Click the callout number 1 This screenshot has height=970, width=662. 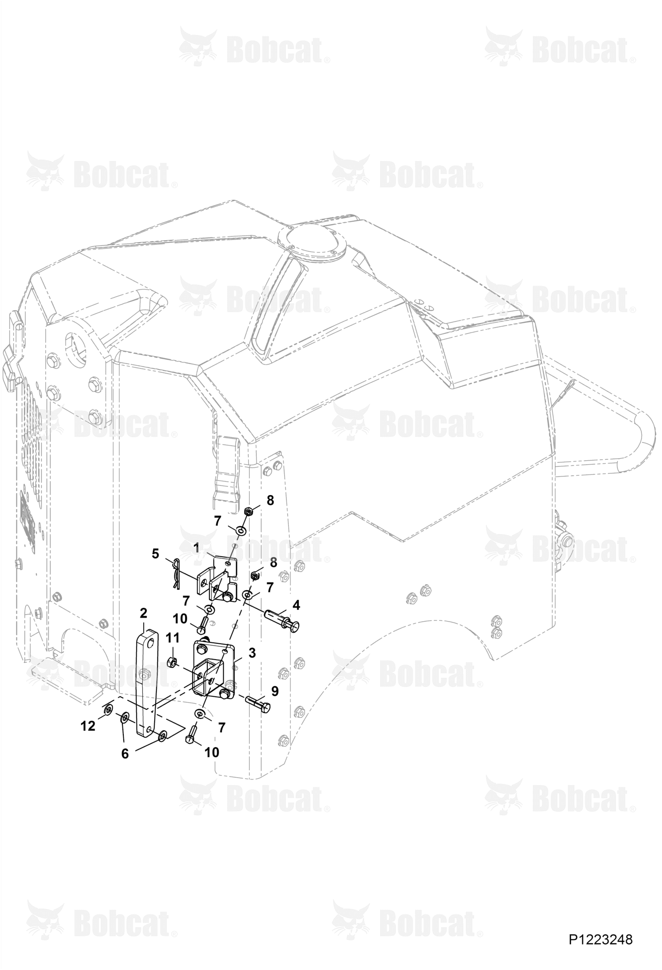[196, 548]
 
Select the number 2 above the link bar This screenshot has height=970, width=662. [143, 613]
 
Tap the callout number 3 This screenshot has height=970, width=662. [252, 653]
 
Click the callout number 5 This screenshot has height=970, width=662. [155, 554]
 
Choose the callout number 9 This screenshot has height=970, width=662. [275, 691]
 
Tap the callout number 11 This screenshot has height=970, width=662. [173, 638]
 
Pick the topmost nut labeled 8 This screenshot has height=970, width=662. [248, 512]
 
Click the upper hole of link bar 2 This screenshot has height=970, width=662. [151, 644]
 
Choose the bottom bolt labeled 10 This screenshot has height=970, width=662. [190, 738]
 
